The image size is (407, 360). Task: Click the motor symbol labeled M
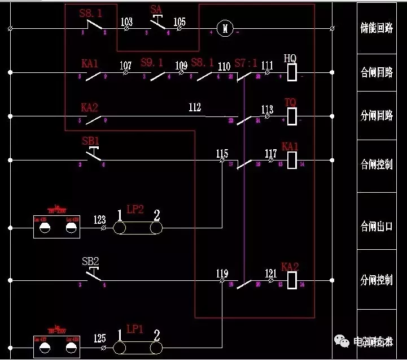(x=225, y=28)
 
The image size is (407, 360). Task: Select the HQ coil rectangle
(x=292, y=72)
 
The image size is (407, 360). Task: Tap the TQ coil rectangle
(x=292, y=116)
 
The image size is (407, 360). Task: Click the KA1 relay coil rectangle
(x=292, y=160)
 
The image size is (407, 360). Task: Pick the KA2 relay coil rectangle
(x=292, y=280)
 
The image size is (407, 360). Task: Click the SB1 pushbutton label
(x=90, y=140)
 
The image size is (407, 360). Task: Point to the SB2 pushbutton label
(x=90, y=261)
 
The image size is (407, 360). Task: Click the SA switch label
(x=156, y=10)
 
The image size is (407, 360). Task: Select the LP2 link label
(x=135, y=209)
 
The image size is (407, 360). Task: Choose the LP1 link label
(x=135, y=328)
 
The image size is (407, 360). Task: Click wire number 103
(x=127, y=21)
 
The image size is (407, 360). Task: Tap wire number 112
(x=195, y=107)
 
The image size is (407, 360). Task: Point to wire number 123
(x=100, y=219)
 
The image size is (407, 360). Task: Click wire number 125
(x=100, y=339)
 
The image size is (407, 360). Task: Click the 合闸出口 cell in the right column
(x=377, y=227)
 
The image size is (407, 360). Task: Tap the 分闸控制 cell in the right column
(x=377, y=280)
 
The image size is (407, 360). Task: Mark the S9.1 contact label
(x=152, y=62)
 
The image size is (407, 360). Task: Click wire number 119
(x=222, y=274)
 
